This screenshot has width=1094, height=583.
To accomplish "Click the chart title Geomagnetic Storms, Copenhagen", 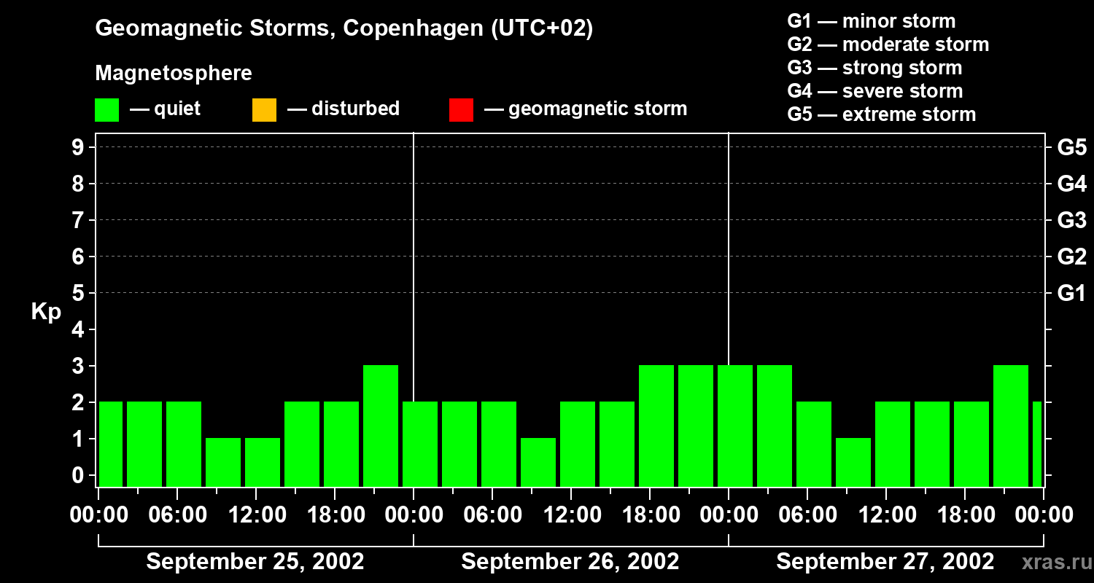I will [x=344, y=28].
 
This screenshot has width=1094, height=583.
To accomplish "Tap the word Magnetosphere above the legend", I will [x=174, y=74].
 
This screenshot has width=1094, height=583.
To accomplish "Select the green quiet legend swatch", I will [x=106, y=109].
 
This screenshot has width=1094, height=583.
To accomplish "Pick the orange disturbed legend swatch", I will [x=264, y=109].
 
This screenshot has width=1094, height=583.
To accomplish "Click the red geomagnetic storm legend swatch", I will [x=461, y=109].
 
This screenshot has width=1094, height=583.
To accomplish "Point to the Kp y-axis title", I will [x=46, y=312].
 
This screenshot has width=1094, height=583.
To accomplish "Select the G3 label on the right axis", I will [x=1071, y=220].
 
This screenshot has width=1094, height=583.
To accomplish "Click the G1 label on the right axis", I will [x=1071, y=294].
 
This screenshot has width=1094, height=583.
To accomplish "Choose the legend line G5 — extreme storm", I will [x=881, y=114].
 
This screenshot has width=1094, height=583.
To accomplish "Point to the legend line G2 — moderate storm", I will [x=888, y=44].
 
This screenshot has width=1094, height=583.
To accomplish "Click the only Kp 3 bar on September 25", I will [x=381, y=426].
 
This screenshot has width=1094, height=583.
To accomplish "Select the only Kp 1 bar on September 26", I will [x=538, y=462].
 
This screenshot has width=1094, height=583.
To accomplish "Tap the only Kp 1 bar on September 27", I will [x=853, y=462].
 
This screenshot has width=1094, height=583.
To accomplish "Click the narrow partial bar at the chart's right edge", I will [x=1037, y=444].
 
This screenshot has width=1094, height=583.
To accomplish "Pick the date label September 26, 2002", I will [x=570, y=562].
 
